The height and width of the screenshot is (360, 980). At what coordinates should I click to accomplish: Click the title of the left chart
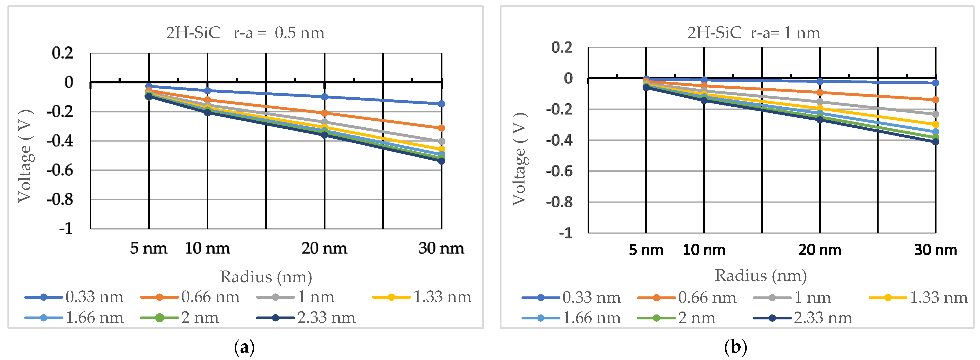(245, 33)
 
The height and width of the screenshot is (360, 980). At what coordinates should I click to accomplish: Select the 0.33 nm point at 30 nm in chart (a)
(441, 104)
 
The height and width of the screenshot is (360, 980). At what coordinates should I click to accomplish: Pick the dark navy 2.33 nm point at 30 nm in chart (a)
(441, 161)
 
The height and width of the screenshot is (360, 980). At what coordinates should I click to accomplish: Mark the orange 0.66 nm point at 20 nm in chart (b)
(820, 92)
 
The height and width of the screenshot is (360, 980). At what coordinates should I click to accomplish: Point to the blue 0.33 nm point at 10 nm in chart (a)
(207, 91)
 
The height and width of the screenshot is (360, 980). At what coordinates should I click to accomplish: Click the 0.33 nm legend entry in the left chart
(74, 297)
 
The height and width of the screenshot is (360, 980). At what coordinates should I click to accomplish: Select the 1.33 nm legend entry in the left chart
(422, 297)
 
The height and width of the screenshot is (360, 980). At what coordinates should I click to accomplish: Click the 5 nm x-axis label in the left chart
(148, 248)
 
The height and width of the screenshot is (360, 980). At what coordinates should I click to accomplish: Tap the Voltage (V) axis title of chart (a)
(25, 156)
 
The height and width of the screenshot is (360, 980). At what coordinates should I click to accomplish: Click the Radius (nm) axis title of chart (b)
(761, 275)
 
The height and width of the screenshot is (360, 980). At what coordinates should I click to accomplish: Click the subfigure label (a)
(245, 347)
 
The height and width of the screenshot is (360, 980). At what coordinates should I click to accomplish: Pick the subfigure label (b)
(735, 347)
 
